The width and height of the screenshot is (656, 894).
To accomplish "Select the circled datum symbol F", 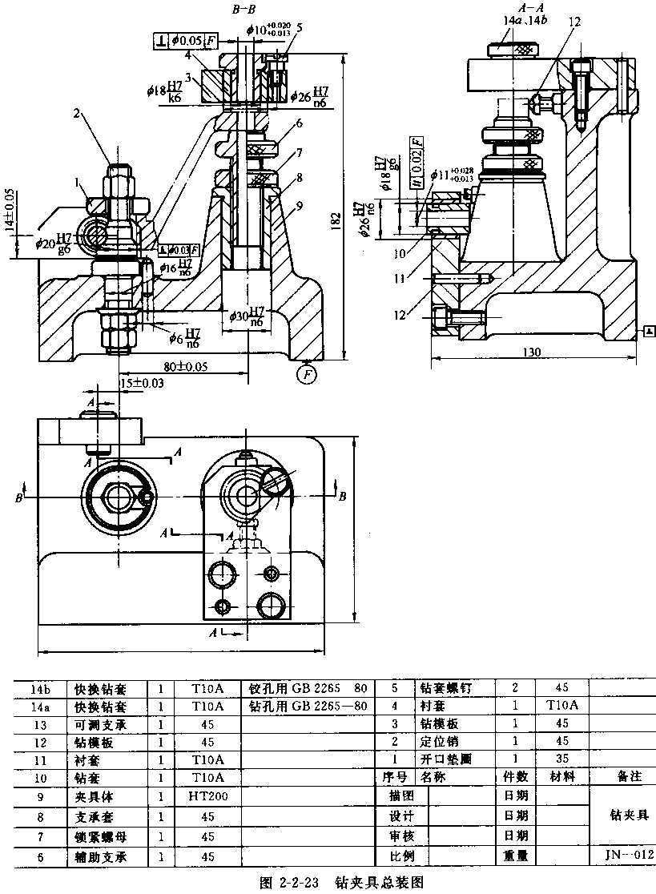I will click(304, 372).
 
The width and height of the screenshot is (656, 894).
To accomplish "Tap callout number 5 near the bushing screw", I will click(299, 26).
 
